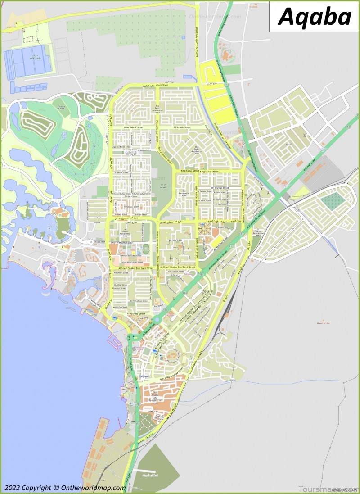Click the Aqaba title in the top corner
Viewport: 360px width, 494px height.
tap(314, 17)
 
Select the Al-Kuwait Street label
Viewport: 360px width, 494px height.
tap(182, 128)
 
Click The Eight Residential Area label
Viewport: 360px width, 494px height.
tap(197, 150)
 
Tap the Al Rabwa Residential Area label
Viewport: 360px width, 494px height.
tap(258, 232)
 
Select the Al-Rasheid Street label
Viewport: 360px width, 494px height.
tap(136, 313)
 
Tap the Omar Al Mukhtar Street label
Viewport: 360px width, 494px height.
tap(122, 243)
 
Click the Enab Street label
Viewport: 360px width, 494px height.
tap(99, 242)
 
